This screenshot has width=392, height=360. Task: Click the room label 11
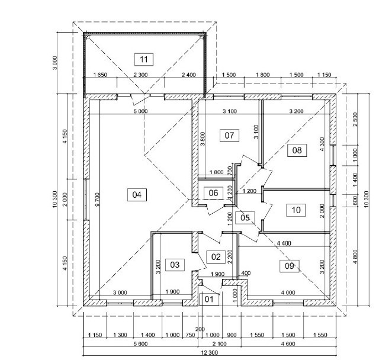(x=144, y=59)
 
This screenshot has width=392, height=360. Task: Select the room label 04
(x=137, y=194)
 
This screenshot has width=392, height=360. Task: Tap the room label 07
(x=229, y=136)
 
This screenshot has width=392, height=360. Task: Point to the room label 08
(x=297, y=150)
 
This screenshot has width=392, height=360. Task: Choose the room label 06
(x=213, y=193)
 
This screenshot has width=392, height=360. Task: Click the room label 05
(x=245, y=218)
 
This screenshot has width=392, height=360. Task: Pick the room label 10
(x=296, y=210)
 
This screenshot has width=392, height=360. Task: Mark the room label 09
(x=289, y=266)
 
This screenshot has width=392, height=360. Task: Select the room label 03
(x=175, y=265)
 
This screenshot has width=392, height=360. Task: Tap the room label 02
(x=216, y=257)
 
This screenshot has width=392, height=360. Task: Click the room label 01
(x=209, y=299)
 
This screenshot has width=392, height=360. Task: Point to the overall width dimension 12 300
(x=209, y=353)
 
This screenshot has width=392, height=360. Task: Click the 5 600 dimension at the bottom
(x=140, y=344)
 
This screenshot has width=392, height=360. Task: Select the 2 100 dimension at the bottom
(x=219, y=344)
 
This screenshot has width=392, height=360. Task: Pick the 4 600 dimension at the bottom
(x=288, y=344)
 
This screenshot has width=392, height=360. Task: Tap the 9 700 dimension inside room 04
(x=97, y=200)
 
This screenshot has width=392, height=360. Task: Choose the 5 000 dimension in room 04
(x=140, y=111)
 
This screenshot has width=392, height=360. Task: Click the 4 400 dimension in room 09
(x=284, y=243)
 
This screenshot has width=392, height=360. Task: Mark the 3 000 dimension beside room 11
(x=55, y=63)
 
